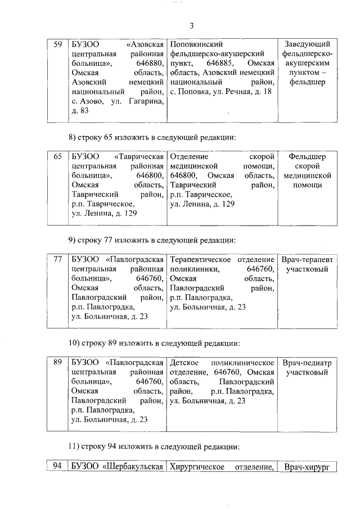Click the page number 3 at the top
191,26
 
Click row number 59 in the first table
57,44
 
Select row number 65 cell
57,156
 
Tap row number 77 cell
57,260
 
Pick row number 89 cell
57,363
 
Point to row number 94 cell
56,467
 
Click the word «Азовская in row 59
145,44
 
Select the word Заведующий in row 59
307,44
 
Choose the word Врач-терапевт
307,260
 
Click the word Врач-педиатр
307,363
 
